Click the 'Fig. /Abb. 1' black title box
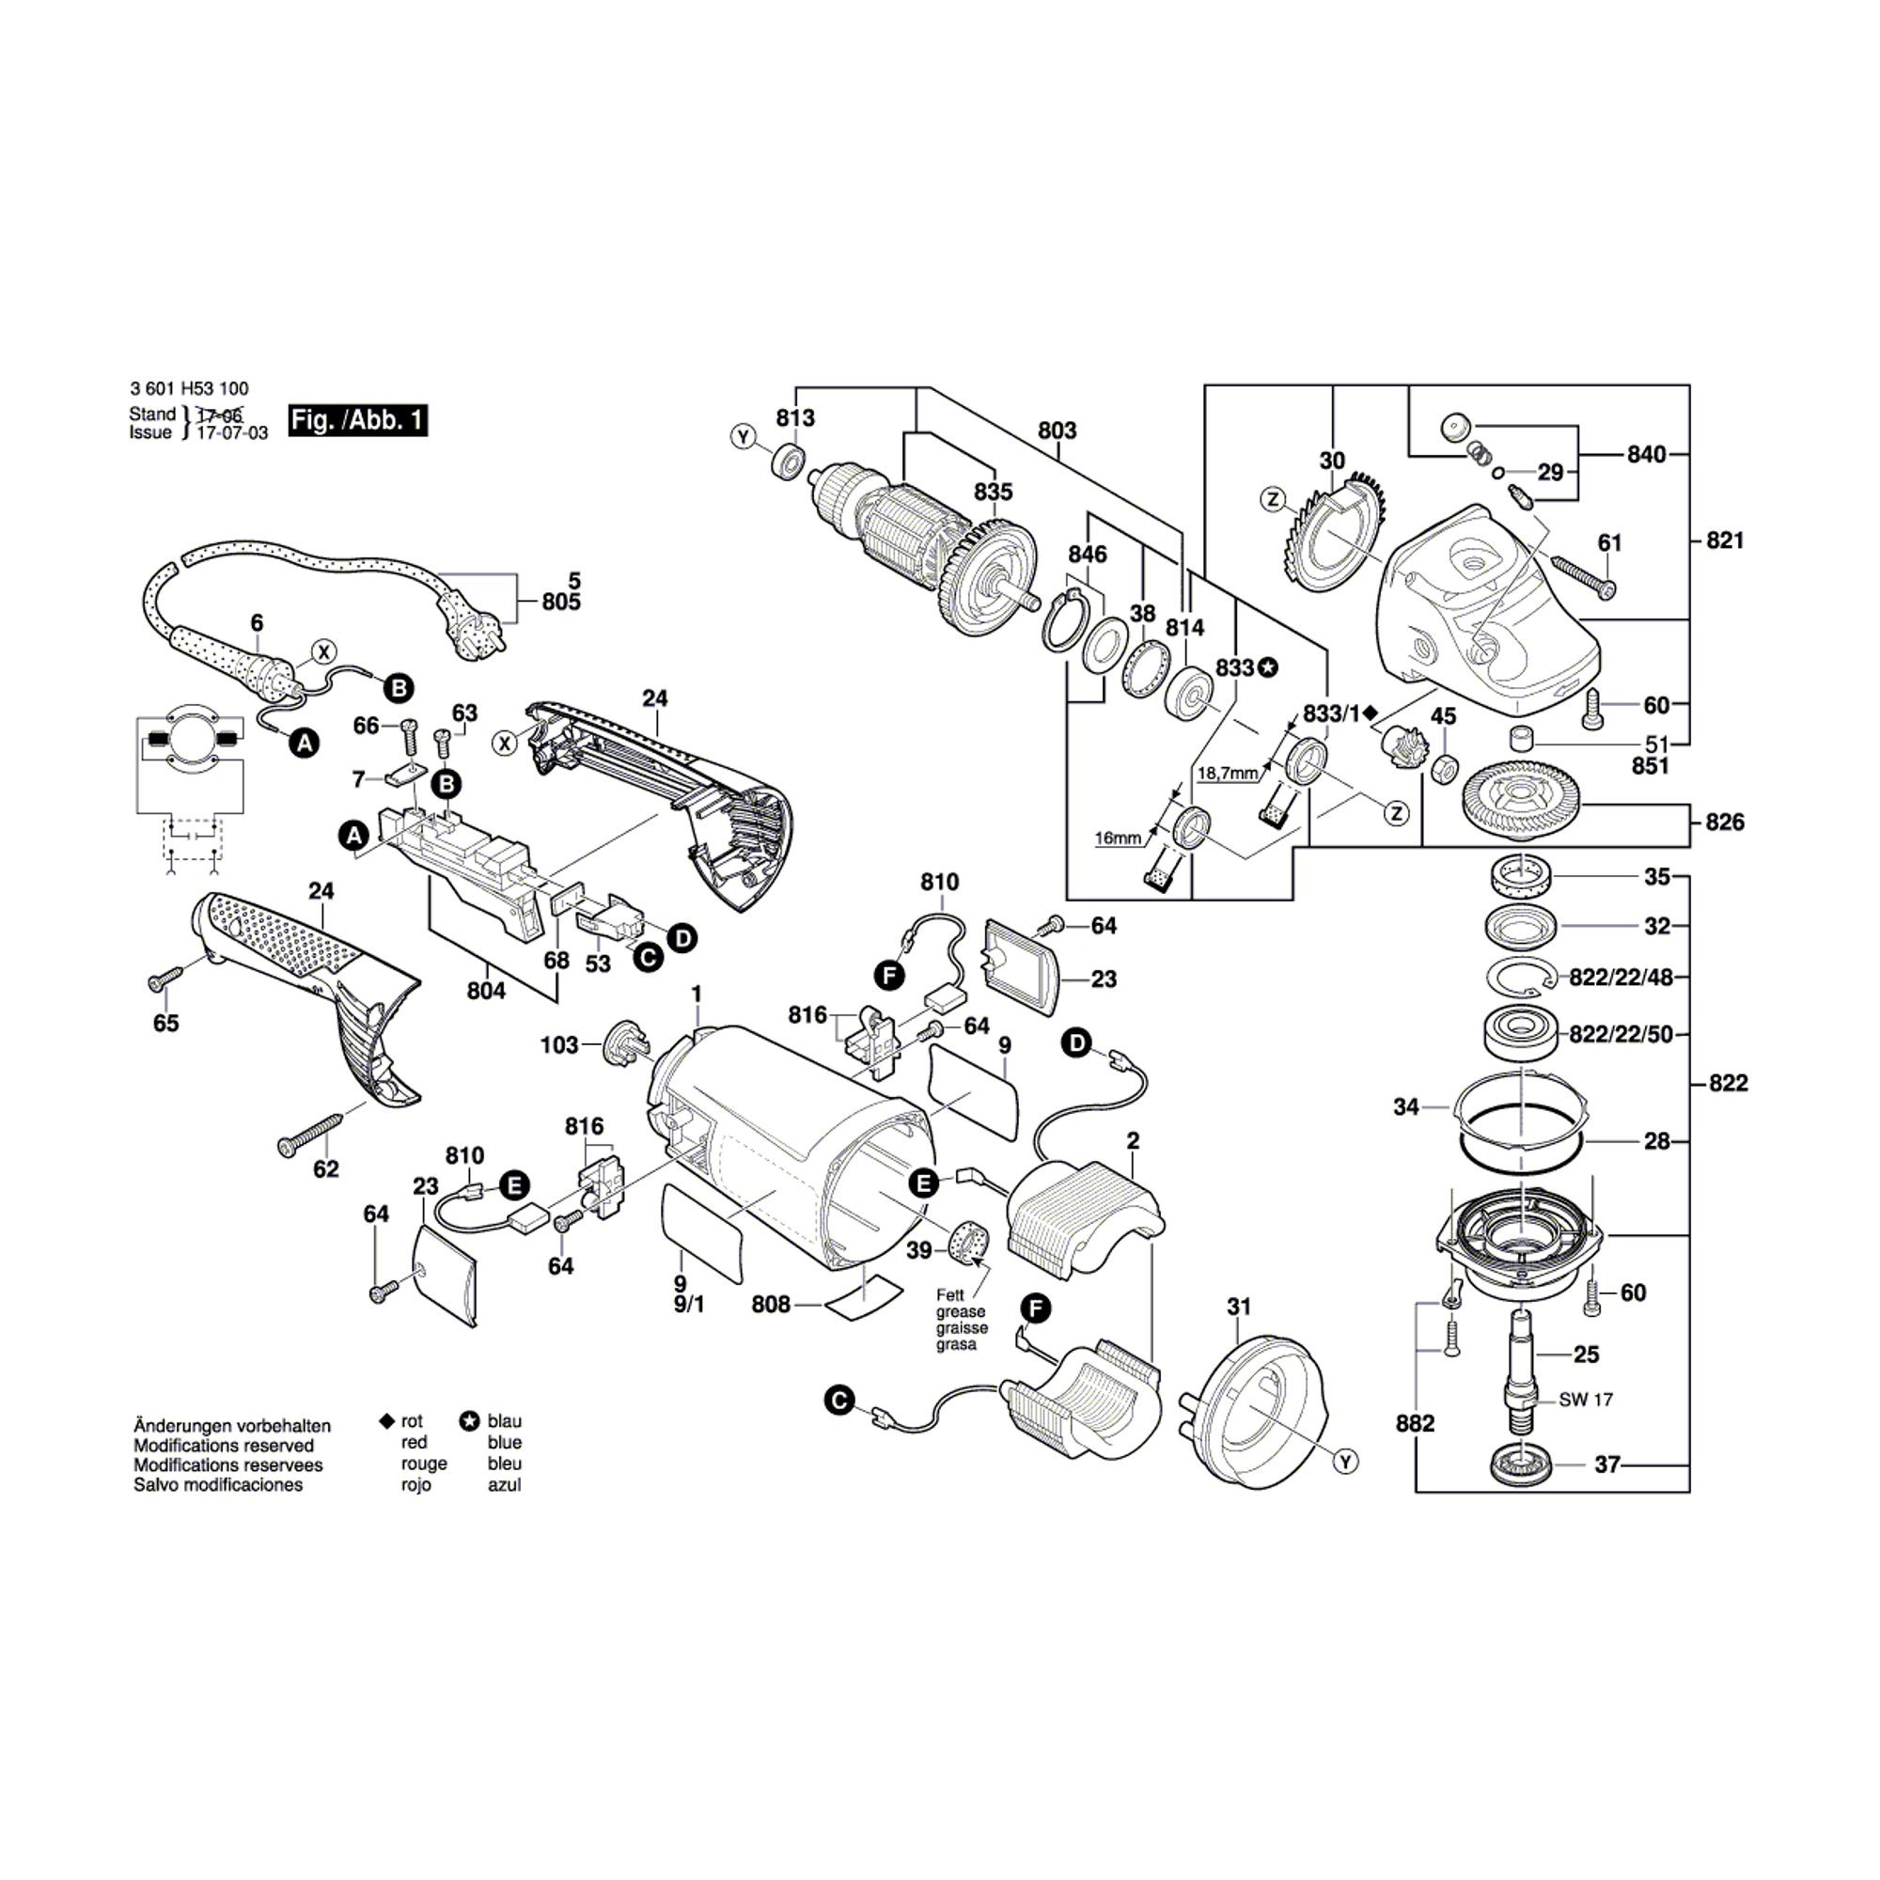pos(358,420)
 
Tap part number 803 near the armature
pos(1057,431)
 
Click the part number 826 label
pos(1724,822)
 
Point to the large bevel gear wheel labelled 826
pos(1520,801)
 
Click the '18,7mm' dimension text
pos(1227,774)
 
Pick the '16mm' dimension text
pos(1117,838)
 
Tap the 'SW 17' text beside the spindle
pos(1585,1400)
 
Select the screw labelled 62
pos(309,1135)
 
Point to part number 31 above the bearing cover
pos(1238,1307)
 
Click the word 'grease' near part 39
pos(961,1311)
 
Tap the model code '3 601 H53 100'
pos(189,388)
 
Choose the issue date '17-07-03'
pos(231,433)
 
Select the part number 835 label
pos(993,492)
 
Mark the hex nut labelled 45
pos(1445,768)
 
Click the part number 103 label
pos(558,1045)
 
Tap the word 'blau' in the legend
pos(504,1421)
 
